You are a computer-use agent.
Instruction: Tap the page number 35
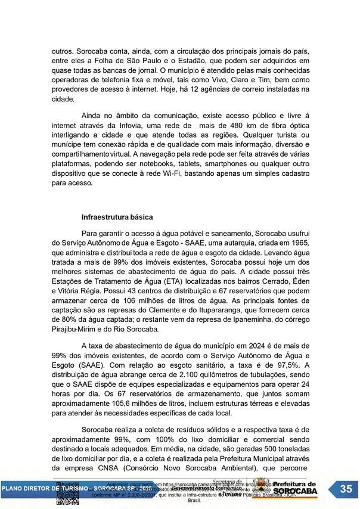[346, 489]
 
